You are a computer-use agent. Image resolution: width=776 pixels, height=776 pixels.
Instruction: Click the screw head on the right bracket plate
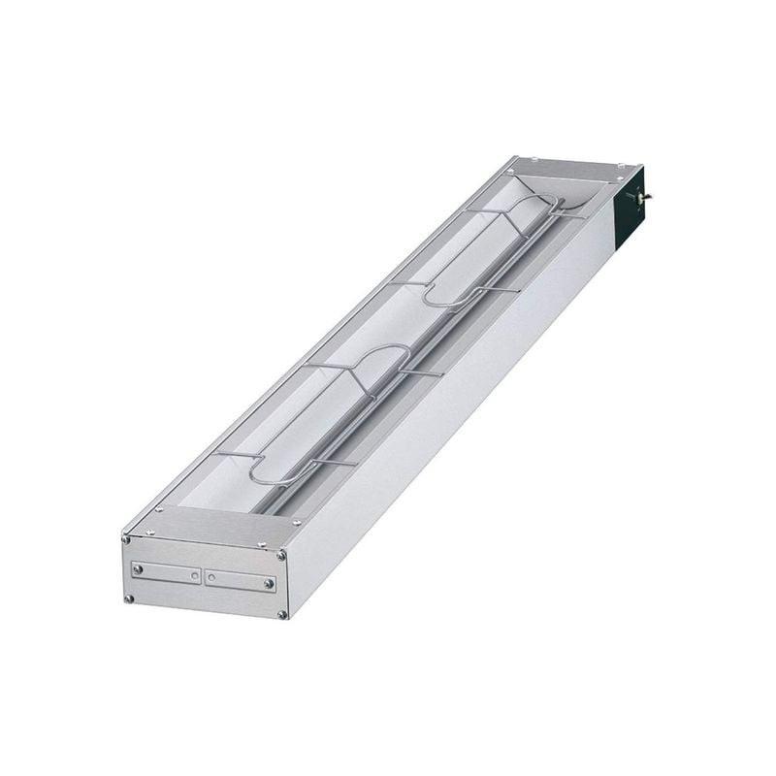pyautogui.click(x=269, y=585)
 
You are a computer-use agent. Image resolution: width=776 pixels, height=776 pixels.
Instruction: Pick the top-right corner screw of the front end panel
pyautogui.click(x=282, y=556)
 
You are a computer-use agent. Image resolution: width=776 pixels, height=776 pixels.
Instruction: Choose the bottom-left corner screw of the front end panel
pyautogui.click(x=128, y=598)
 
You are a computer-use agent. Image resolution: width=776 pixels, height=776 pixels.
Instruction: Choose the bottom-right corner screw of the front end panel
pyautogui.click(x=282, y=615)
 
